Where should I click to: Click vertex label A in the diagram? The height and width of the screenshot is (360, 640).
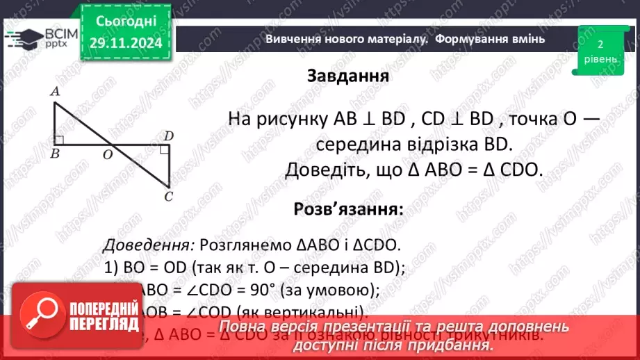(54, 91)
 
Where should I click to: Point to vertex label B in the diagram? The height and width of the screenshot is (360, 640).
(55, 154)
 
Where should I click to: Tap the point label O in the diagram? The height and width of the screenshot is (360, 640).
(108, 155)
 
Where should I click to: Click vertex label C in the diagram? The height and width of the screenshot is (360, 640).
(168, 197)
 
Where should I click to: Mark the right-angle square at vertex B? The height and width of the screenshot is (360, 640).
(59, 141)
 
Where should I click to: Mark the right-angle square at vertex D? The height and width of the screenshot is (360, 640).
(164, 149)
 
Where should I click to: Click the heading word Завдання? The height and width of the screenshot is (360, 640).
(347, 76)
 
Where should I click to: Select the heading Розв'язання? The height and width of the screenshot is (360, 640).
(348, 209)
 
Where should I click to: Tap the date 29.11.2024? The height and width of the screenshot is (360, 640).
(125, 43)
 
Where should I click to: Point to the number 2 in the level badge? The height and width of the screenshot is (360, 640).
(599, 44)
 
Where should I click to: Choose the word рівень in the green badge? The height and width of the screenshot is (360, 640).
(599, 58)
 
